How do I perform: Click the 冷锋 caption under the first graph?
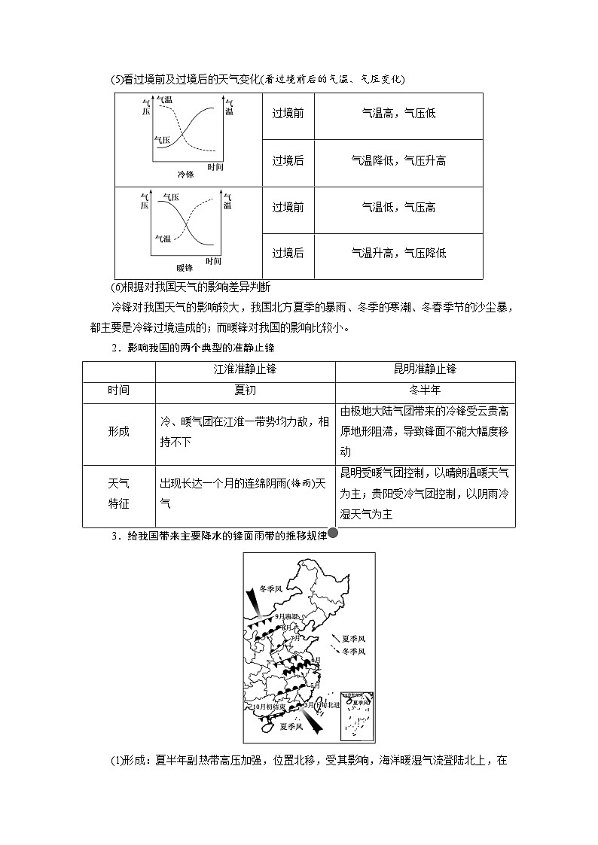(185, 175)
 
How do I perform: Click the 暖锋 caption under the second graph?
(185, 268)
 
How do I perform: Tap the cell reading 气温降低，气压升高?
(398, 161)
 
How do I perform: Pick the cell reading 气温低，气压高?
(398, 208)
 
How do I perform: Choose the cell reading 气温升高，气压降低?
(398, 254)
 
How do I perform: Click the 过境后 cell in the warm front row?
(288, 254)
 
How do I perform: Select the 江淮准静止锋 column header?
(245, 370)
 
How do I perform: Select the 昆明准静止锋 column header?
(425, 370)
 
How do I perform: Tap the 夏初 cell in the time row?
(245, 391)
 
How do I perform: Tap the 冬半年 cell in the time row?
(425, 391)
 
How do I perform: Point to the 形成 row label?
(118, 431)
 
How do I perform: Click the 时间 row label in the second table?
(118, 391)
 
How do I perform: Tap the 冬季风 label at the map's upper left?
(270, 589)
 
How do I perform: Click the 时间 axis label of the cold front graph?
(215, 167)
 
